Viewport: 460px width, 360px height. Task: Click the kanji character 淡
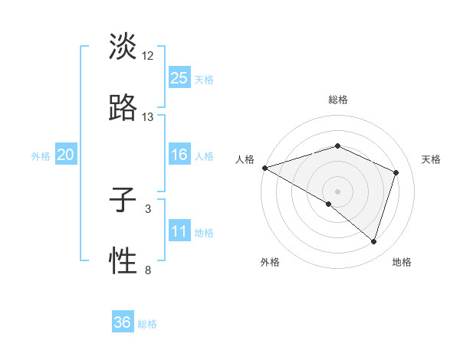tap(123, 47)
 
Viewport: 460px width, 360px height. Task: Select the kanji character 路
tap(123, 108)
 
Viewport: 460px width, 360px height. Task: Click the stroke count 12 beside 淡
tap(148, 56)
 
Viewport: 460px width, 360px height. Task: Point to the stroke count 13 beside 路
tap(148, 117)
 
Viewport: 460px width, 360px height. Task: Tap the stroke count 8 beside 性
tap(148, 270)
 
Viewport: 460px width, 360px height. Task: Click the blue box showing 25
tap(179, 77)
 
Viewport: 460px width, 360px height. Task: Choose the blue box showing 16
tap(179, 155)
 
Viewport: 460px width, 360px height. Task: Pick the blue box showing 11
tap(179, 231)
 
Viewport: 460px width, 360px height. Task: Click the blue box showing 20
tap(66, 155)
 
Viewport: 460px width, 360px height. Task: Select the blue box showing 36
tap(123, 322)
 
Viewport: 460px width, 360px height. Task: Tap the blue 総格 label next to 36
tap(148, 324)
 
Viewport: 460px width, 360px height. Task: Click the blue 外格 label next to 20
tap(41, 156)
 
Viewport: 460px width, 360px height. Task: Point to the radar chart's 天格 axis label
tap(432, 159)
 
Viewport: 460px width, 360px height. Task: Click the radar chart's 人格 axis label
tap(245, 159)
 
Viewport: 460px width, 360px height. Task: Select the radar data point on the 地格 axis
tap(373, 241)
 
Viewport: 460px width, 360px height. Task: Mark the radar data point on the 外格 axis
tap(329, 205)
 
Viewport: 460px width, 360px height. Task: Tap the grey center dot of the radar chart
tap(337, 191)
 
